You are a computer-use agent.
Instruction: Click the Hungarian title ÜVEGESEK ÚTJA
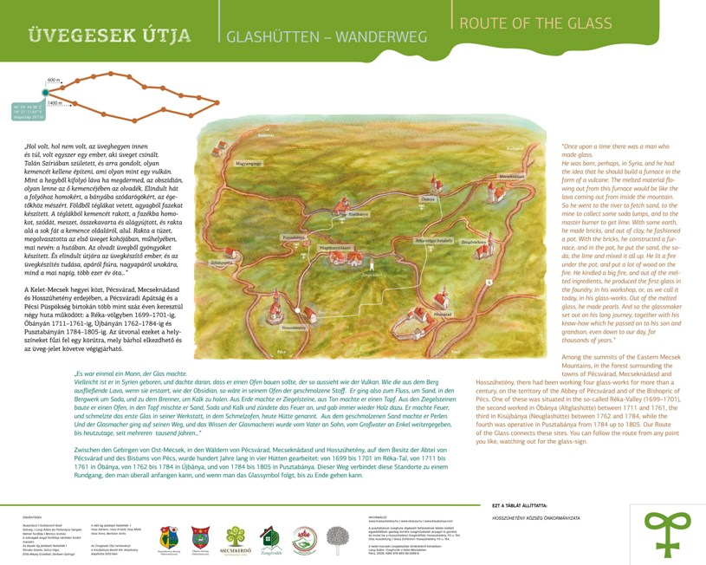(x=110, y=36)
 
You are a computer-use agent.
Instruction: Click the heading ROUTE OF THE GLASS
(x=534, y=23)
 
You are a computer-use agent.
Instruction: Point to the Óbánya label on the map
(x=427, y=199)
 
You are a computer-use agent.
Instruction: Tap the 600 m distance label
(x=54, y=81)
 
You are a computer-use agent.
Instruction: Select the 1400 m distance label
(x=55, y=103)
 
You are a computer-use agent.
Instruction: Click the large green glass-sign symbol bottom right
(x=667, y=530)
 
